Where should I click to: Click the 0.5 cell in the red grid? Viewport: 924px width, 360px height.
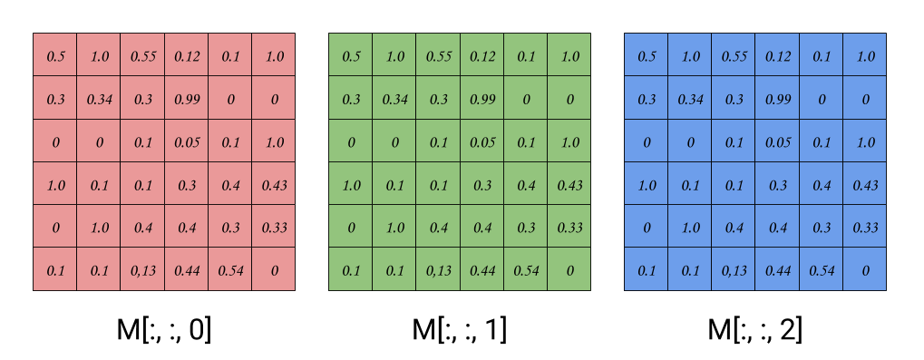tap(55, 56)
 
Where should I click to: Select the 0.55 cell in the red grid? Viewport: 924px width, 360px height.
tap(143, 56)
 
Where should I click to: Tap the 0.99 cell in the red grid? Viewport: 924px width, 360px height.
tap(187, 99)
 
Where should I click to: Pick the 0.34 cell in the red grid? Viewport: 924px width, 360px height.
tap(99, 99)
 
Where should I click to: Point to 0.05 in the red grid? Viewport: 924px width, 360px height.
tap(187, 142)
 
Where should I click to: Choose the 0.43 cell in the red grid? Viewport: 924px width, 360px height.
tap(274, 185)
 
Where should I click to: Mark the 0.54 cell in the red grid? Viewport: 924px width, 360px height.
tap(230, 270)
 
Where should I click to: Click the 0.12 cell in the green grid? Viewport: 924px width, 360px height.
tap(482, 56)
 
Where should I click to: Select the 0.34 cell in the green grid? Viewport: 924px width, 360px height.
tap(394, 99)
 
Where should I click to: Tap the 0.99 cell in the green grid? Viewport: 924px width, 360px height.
tap(482, 99)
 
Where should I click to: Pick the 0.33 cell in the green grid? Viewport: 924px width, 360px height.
tap(569, 228)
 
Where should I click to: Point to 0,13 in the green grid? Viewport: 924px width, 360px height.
tap(439, 270)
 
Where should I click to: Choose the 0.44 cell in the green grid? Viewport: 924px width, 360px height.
tap(482, 270)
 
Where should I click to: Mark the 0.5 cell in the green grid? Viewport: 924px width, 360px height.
tap(351, 56)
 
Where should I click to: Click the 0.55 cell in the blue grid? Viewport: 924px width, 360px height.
tap(734, 56)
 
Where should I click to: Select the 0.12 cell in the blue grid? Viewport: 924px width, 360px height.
tap(778, 56)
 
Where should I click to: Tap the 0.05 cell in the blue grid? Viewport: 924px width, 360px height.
tap(778, 142)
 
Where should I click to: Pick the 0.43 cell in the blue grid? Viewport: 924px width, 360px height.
tap(865, 185)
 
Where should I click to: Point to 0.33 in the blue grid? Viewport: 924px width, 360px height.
tap(865, 228)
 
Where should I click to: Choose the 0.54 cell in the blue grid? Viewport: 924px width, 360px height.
tap(822, 270)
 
